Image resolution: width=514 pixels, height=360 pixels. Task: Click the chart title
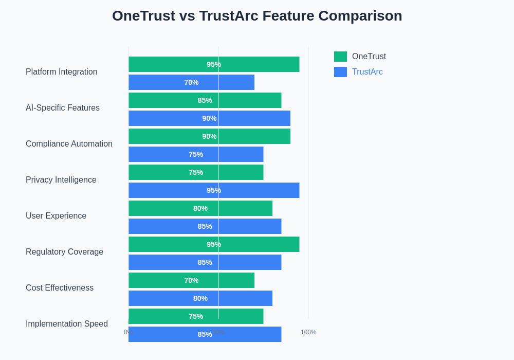coord(257,16)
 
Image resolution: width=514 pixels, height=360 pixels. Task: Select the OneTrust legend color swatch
coord(340,57)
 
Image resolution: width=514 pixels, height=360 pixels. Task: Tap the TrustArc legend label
coord(367,72)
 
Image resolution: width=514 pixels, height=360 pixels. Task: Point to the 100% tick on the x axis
coord(308,332)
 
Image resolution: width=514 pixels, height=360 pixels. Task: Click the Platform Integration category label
coord(61,72)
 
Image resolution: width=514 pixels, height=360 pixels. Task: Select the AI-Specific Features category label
coord(63,108)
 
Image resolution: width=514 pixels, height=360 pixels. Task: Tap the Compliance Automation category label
coord(69,144)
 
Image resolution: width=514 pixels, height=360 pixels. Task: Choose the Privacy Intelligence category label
coord(61,180)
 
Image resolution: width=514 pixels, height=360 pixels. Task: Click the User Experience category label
coord(56,216)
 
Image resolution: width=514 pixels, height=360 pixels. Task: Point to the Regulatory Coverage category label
coord(64,252)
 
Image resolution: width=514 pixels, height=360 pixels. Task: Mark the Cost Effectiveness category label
coord(60,288)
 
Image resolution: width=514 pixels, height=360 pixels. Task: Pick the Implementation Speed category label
coord(67,324)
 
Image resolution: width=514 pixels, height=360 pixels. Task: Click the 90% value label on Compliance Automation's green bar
coord(209,136)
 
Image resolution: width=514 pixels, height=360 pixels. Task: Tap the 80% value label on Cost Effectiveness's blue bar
coord(200,298)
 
